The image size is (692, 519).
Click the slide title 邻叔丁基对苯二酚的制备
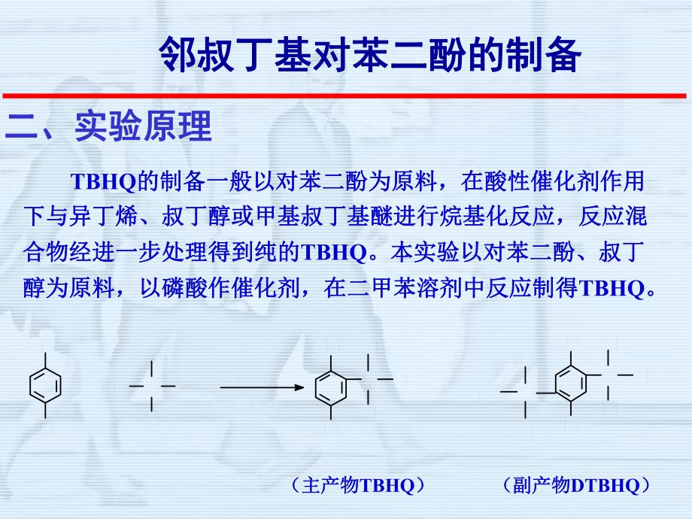pyautogui.click(x=370, y=55)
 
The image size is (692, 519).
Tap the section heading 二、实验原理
pyautogui.click(x=108, y=126)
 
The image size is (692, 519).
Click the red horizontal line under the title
pyautogui.click(x=346, y=96)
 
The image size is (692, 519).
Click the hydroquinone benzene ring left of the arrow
pyautogui.click(x=45, y=385)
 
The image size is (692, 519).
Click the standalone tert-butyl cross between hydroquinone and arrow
pyautogui.click(x=152, y=386)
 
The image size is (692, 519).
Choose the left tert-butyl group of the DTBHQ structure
pyautogui.click(x=525, y=393)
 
